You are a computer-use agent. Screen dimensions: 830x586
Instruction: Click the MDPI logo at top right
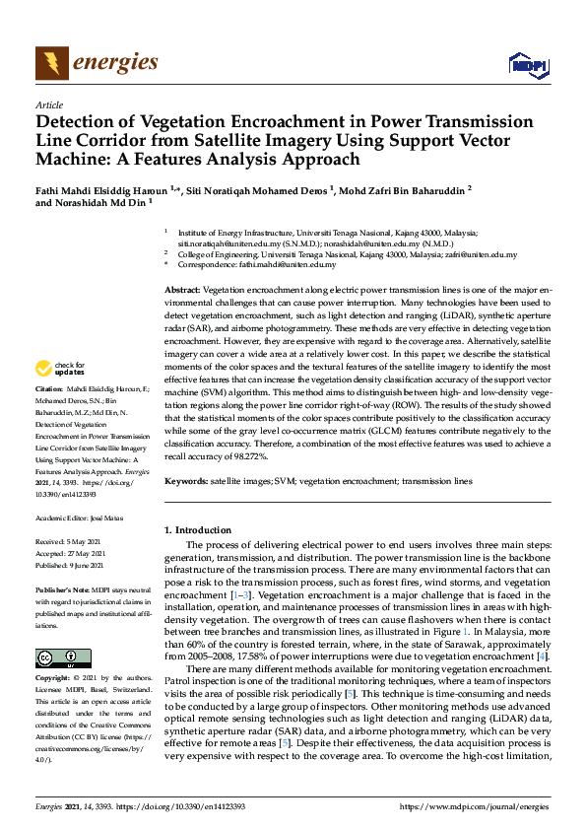click(x=527, y=65)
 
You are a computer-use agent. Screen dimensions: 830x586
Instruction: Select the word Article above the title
click(x=48, y=104)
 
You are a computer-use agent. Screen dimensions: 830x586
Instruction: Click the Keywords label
click(x=185, y=481)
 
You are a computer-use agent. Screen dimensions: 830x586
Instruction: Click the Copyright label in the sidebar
click(x=52, y=679)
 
